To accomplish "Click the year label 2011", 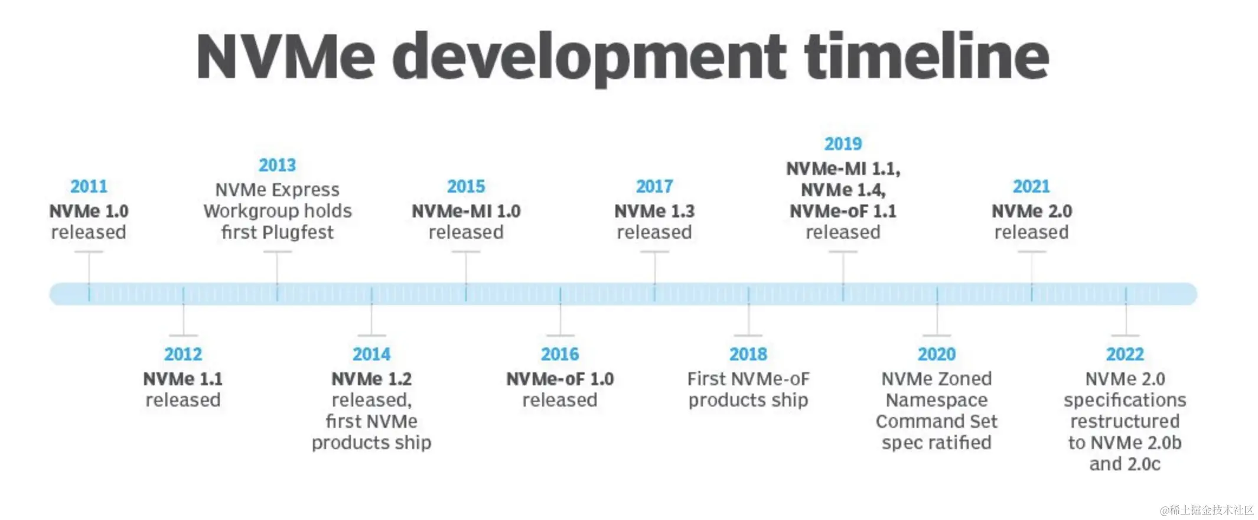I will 89,187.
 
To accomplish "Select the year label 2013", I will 277,165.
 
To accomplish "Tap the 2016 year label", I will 560,355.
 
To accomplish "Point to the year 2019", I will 843,144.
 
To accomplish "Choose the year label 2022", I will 1125,355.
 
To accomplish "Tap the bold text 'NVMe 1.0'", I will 89,212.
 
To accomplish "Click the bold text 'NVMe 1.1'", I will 183,379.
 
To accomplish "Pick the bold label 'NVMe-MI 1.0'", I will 466,212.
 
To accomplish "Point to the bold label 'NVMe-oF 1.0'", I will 560,379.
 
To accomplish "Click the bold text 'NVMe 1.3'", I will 654,212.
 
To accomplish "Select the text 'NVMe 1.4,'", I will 843,190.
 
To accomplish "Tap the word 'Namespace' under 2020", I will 937,401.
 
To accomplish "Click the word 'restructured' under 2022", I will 1125,422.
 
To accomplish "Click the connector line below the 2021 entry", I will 1032,269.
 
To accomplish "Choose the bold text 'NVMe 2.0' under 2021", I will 1032,212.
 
